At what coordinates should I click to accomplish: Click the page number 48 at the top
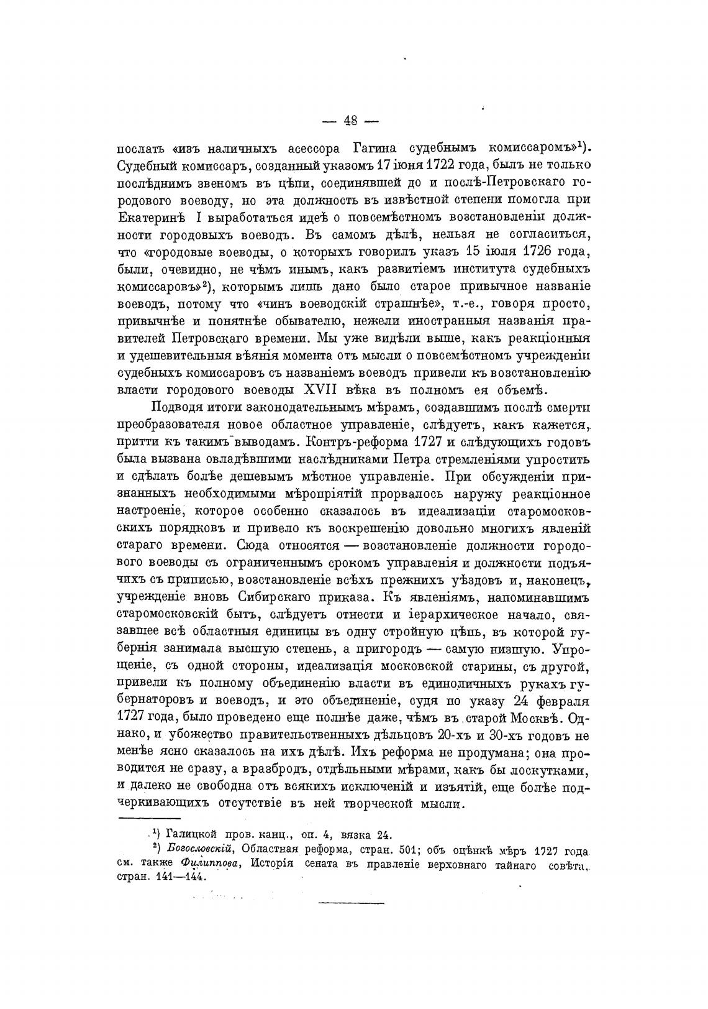[x=351, y=121]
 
